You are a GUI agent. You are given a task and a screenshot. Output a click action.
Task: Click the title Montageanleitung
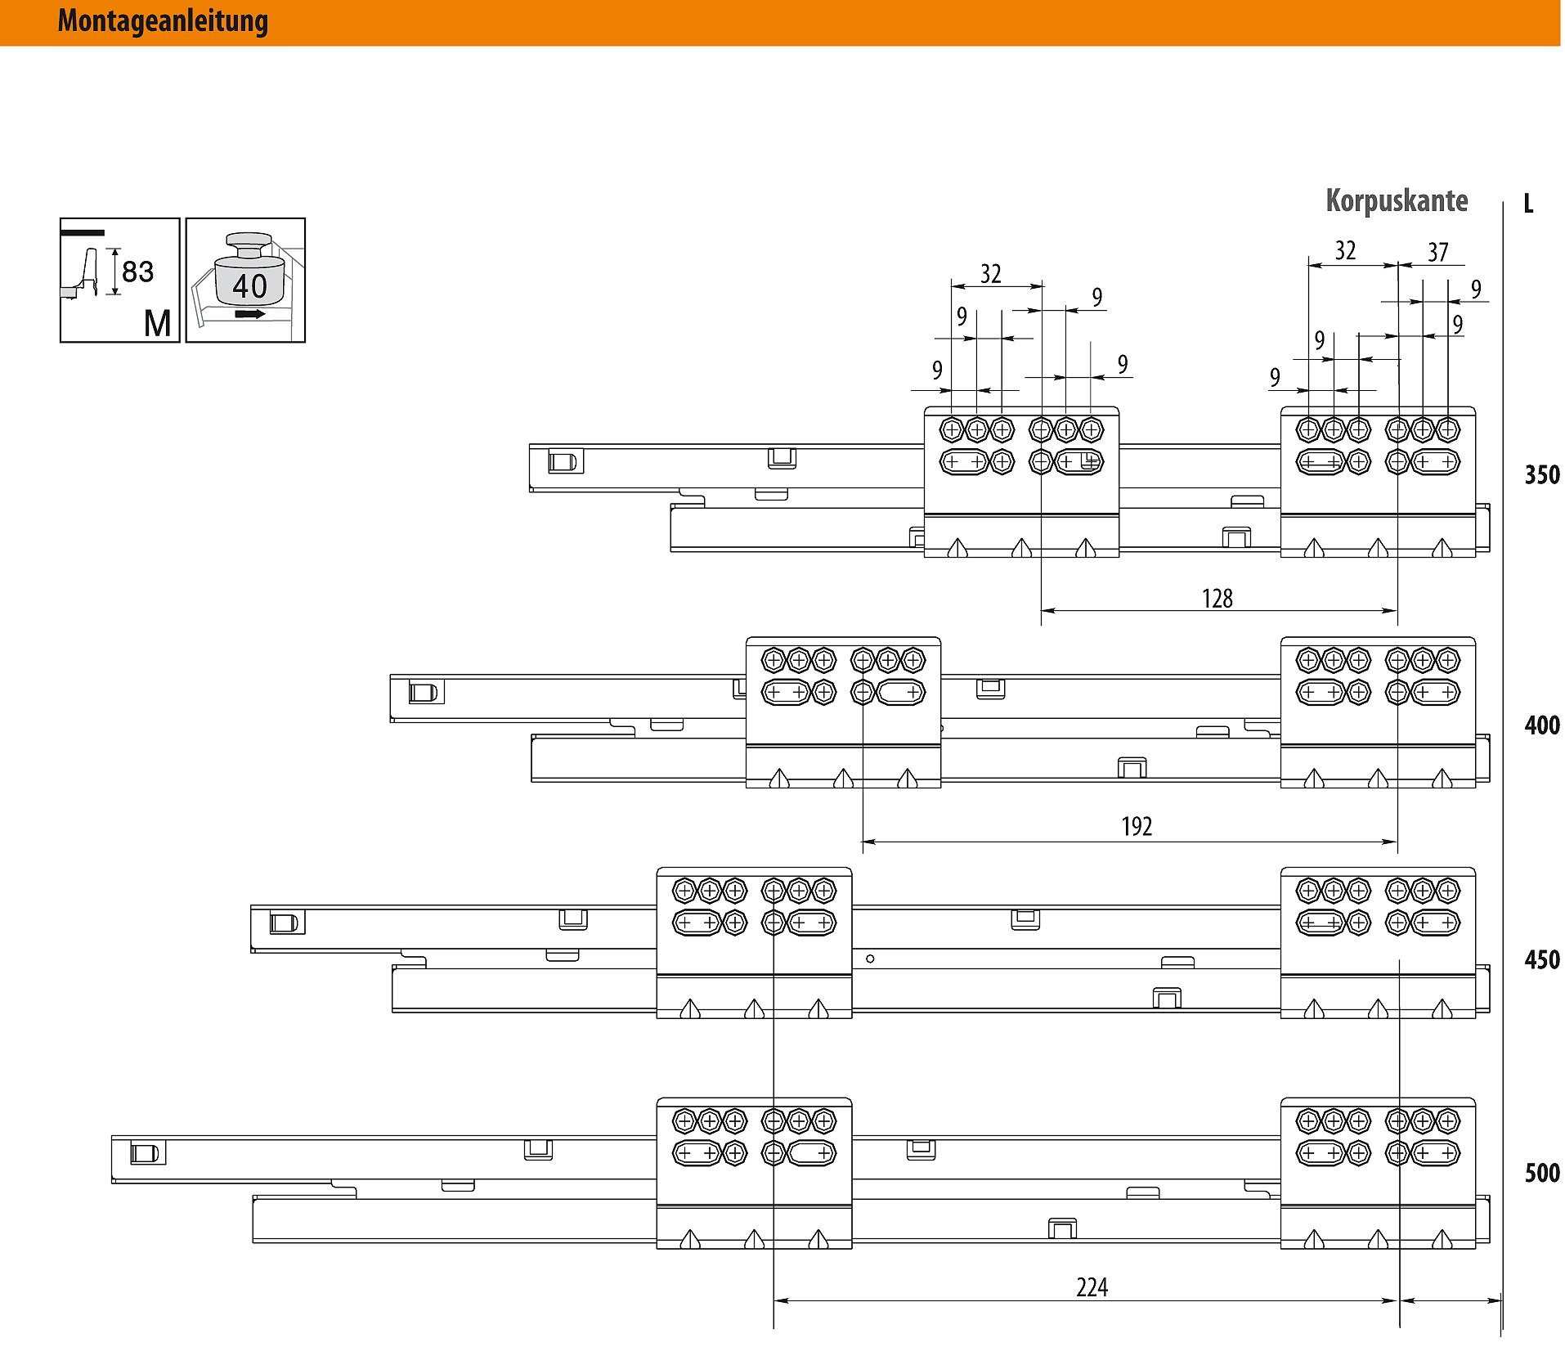pos(163,21)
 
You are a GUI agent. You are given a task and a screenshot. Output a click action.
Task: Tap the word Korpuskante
pos(1397,201)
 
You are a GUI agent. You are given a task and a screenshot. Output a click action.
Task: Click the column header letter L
pos(1528,204)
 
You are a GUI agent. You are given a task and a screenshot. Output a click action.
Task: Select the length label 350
pos(1542,475)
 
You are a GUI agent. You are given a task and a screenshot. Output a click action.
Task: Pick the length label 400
pos(1542,725)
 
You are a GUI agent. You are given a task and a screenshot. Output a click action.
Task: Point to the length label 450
pos(1542,959)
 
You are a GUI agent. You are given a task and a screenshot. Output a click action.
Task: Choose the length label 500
pos(1542,1174)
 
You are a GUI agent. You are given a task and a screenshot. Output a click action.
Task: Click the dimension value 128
pos(1217,599)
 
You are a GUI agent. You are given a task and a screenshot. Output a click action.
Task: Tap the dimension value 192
pos(1137,827)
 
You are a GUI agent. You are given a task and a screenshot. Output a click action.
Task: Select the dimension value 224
pos(1092,1288)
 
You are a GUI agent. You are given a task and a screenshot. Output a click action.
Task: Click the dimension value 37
pos(1438,253)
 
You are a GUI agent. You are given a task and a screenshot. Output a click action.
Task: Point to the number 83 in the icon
pos(137,272)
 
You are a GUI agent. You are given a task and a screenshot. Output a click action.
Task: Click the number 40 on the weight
pos(249,286)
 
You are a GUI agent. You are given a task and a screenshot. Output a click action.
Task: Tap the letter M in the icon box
pos(158,324)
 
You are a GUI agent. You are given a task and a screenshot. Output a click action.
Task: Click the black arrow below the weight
pos(249,314)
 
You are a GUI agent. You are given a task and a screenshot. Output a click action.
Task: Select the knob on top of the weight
pos(249,245)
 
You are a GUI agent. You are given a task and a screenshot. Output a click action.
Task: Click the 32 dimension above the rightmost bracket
pos(1345,251)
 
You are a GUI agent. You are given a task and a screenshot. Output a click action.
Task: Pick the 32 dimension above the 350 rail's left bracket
pos(991,274)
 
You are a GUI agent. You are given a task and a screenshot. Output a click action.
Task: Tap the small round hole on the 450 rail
pos(870,959)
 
